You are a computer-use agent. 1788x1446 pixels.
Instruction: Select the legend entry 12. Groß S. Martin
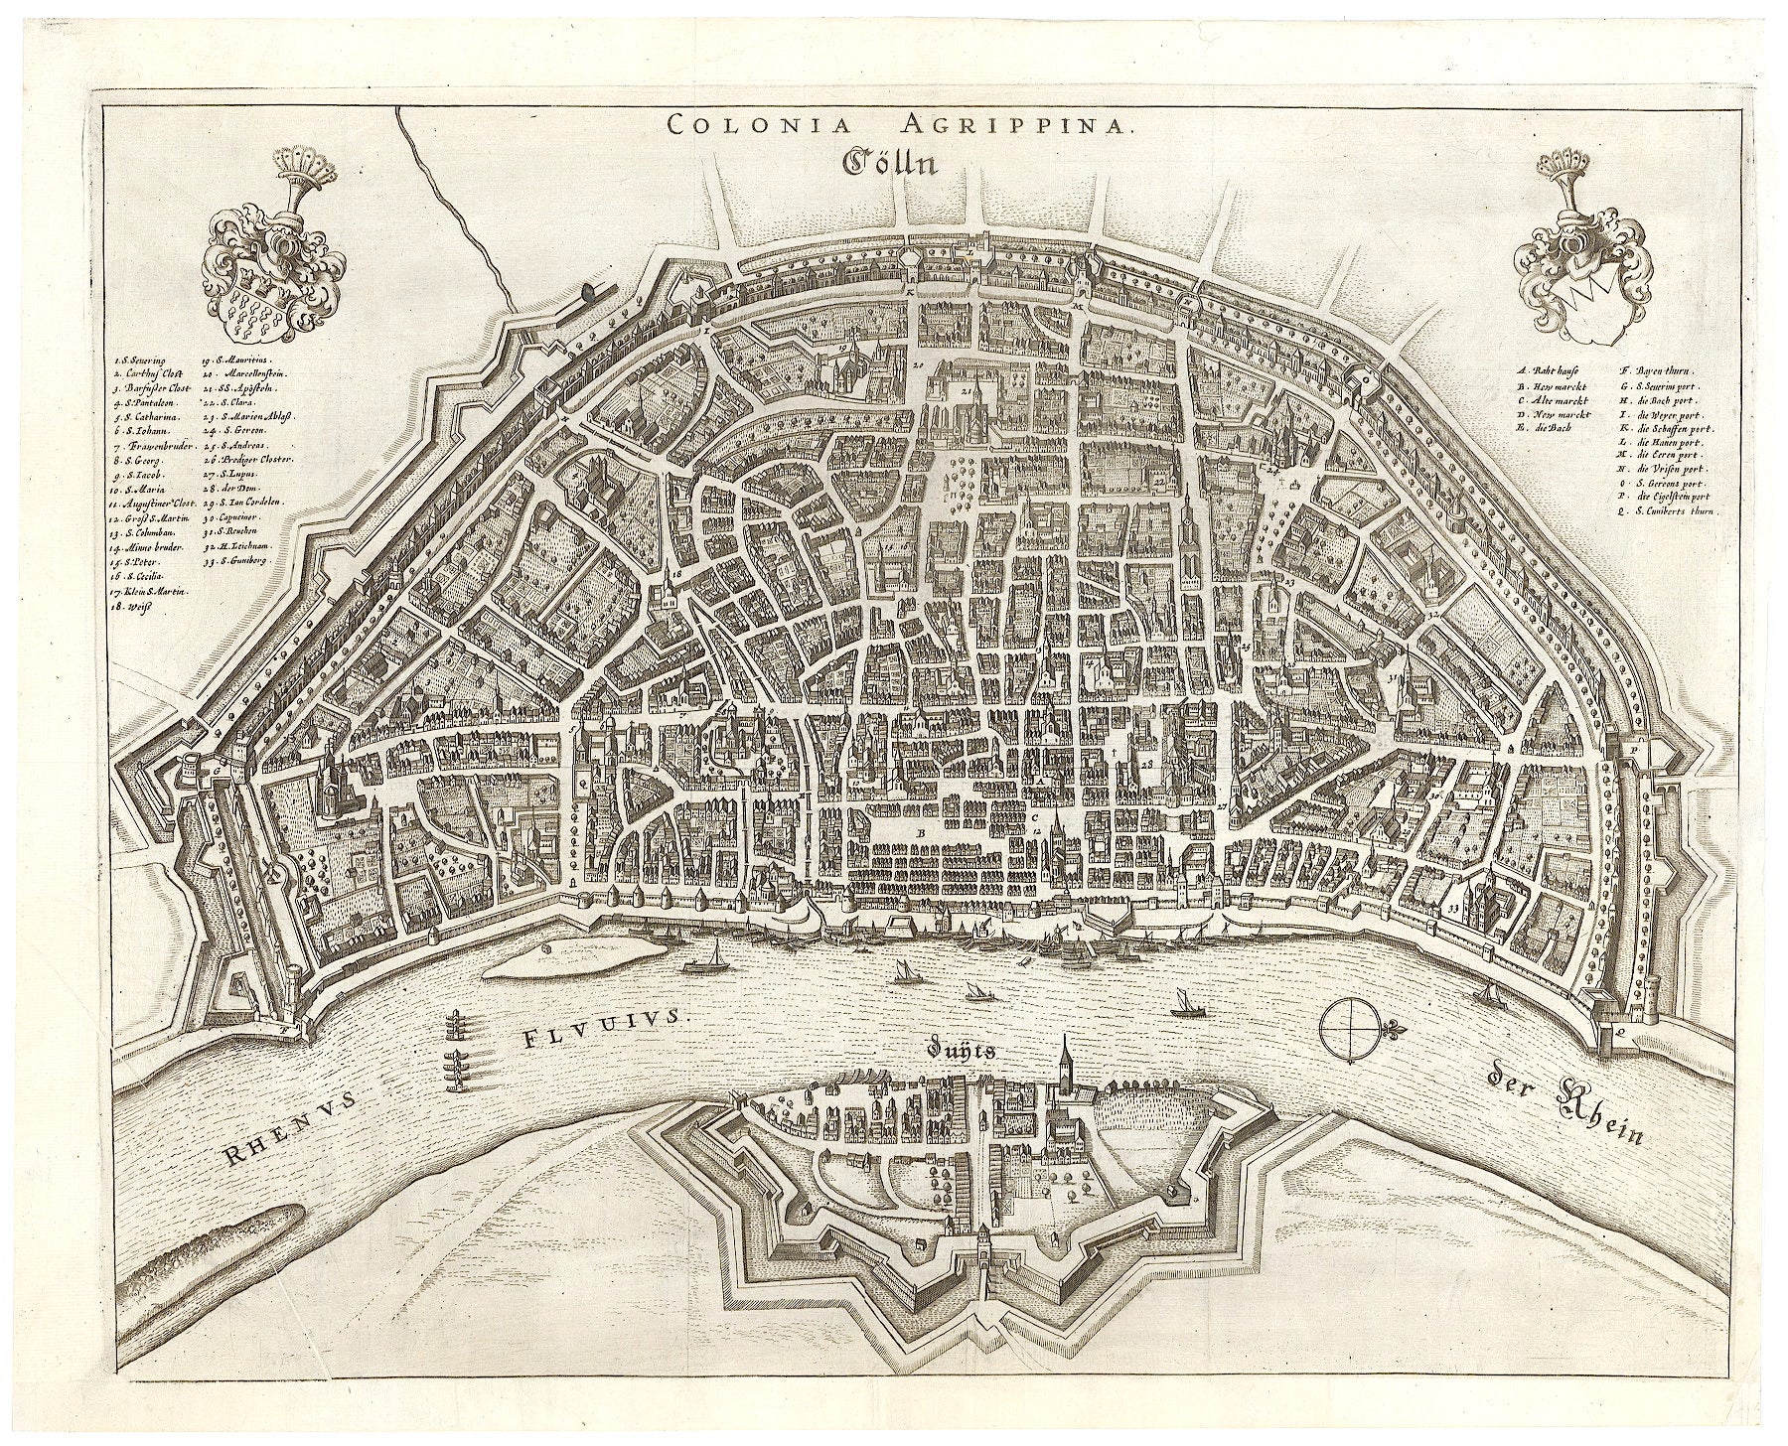tap(149, 518)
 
